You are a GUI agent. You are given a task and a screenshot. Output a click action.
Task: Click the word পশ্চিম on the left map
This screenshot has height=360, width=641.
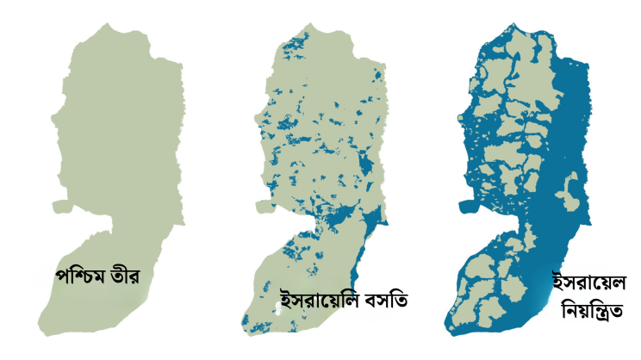79,277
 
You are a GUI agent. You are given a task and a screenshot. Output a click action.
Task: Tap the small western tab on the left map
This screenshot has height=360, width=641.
59,206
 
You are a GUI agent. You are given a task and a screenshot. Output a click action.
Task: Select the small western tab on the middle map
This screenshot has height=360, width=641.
263,206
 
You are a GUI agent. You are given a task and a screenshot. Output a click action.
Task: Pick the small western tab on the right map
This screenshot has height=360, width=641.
465,207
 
